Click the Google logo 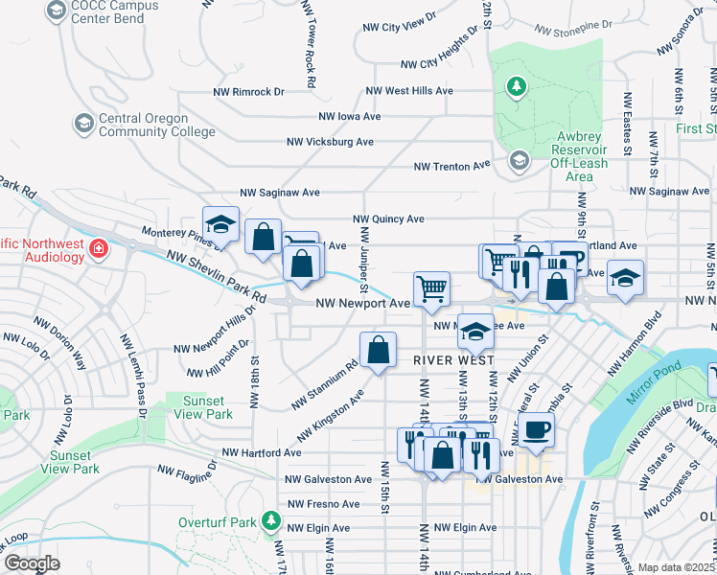tap(31, 563)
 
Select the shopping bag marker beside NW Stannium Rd tap(379, 350)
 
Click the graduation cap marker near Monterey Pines tap(220, 224)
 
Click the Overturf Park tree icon tap(272, 522)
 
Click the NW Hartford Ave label tap(261, 452)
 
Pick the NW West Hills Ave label tap(409, 91)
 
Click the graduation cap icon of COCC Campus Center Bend tap(57, 11)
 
